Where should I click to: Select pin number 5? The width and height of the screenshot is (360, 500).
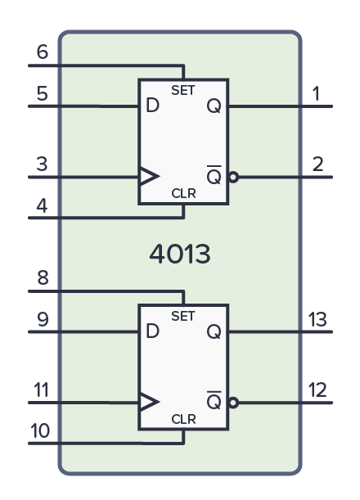pyautogui.click(x=43, y=94)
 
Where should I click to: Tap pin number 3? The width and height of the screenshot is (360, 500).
pyautogui.click(x=43, y=164)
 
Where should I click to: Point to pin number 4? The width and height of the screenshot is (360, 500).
pyautogui.click(x=43, y=205)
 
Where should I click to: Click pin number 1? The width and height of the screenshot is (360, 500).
pyautogui.click(x=317, y=94)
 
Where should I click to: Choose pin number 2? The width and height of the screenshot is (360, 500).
pyautogui.click(x=317, y=164)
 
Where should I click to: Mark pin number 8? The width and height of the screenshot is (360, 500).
pyautogui.click(x=43, y=278)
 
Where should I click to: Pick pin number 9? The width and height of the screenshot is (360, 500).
pyautogui.click(x=43, y=320)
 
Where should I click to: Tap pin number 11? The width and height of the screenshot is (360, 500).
pyautogui.click(x=41, y=390)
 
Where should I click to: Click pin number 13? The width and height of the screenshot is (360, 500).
pyautogui.click(x=317, y=320)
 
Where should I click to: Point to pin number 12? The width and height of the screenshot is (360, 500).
pyautogui.click(x=317, y=390)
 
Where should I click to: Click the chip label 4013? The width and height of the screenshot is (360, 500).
pyautogui.click(x=180, y=254)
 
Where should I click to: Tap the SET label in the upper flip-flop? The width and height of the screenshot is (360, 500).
pyautogui.click(x=182, y=88)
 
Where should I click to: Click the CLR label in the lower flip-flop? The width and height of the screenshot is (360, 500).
pyautogui.click(x=182, y=419)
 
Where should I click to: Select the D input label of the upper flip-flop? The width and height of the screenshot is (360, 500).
pyautogui.click(x=151, y=106)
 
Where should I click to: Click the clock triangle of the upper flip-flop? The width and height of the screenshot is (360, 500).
pyautogui.click(x=147, y=176)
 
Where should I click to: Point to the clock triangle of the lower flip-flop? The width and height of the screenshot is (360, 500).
pyautogui.click(x=147, y=402)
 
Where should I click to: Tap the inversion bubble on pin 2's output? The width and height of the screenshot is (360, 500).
pyautogui.click(x=234, y=176)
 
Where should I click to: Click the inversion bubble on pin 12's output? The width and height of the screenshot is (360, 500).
pyautogui.click(x=234, y=402)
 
